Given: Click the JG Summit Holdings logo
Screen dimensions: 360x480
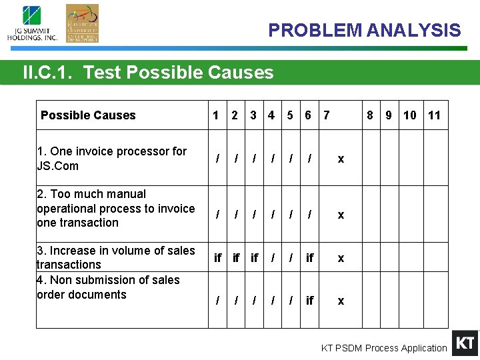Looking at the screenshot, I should [32, 23].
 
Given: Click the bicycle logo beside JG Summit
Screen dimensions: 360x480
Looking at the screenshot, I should [82, 23].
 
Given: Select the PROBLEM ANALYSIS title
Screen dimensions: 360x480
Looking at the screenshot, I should [364, 31].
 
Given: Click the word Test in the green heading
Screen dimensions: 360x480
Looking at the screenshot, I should [103, 73].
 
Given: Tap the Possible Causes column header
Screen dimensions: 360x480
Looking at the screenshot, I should [88, 115].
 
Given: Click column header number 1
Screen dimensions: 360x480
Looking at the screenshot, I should [215, 115].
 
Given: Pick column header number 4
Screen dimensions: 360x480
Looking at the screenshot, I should [271, 115].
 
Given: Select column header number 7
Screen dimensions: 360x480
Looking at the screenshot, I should [326, 115].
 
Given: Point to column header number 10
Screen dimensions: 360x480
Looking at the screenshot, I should [409, 115].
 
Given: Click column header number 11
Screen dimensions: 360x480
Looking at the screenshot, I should [434, 115].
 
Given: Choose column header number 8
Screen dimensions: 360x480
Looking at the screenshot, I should [369, 115].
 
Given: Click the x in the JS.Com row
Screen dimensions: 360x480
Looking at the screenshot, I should [341, 159].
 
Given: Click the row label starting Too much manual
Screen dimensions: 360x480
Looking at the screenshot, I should [115, 208].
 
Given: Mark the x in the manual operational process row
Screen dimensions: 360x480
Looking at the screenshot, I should [341, 215].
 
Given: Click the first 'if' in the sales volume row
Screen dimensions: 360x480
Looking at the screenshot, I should [217, 257].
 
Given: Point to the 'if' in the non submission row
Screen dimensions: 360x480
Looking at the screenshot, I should [309, 301].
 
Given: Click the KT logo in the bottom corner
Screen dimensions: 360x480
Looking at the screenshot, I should [465, 343].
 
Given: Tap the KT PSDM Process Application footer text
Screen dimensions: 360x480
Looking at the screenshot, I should [384, 348].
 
